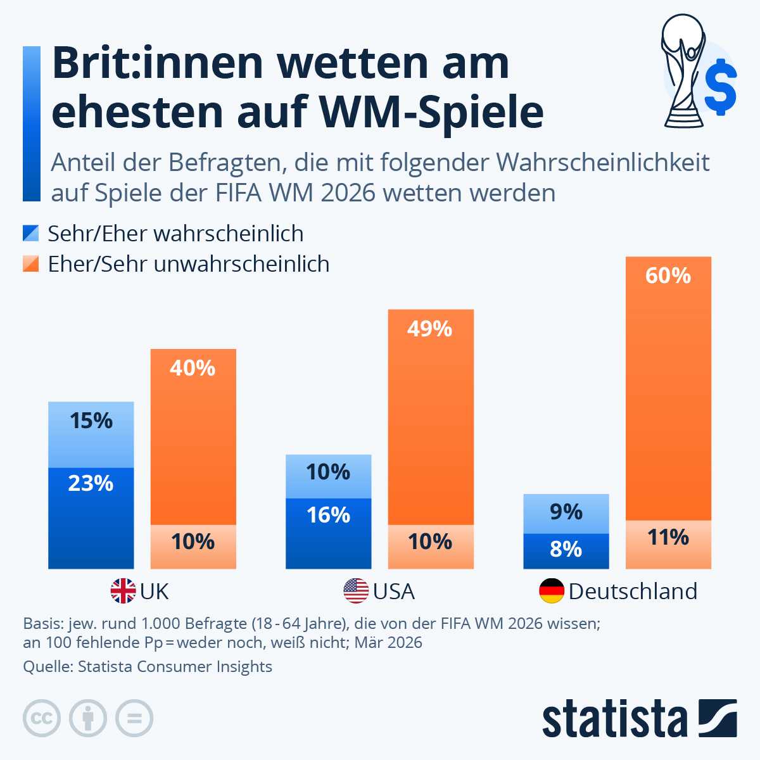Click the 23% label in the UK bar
[x=91, y=484]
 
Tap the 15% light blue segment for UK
[x=91, y=434]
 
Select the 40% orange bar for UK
[x=193, y=437]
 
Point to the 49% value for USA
[x=430, y=329]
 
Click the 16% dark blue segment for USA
[x=328, y=533]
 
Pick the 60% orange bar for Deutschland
[x=668, y=388]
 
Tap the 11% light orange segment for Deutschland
[x=668, y=544]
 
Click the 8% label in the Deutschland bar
[x=566, y=549]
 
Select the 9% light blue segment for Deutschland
[x=566, y=513]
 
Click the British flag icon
[x=123, y=591]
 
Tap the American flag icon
[x=356, y=591]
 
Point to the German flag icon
[x=552, y=591]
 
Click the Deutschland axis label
[x=633, y=591]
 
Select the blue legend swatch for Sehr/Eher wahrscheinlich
[x=31, y=234]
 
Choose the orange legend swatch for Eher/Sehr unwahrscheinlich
[x=31, y=263]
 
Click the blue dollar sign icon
[x=721, y=87]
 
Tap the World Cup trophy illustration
[x=682, y=70]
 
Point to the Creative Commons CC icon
[x=42, y=719]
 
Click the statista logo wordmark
[x=614, y=719]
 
